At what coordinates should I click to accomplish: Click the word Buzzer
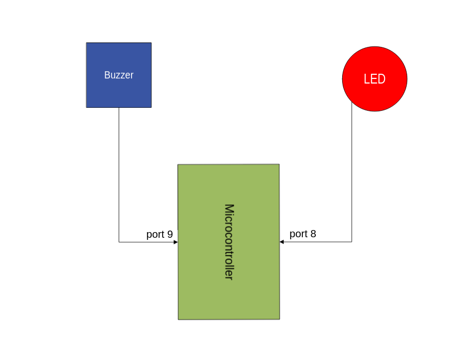(119, 75)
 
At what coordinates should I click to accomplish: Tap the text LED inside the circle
(375, 79)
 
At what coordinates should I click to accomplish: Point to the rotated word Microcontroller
(229, 242)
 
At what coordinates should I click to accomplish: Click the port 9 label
(159, 234)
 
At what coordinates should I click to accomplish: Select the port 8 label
(302, 234)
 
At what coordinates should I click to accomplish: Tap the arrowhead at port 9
(175, 242)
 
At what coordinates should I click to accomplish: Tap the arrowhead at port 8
(282, 241)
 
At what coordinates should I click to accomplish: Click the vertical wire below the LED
(352, 175)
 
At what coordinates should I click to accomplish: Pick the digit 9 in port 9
(170, 234)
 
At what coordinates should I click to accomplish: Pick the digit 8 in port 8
(313, 234)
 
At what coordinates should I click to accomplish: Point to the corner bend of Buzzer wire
(119, 242)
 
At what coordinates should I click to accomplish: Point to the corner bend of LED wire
(352, 241)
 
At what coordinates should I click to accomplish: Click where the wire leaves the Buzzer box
(119, 108)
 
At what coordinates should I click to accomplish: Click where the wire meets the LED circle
(352, 102)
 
